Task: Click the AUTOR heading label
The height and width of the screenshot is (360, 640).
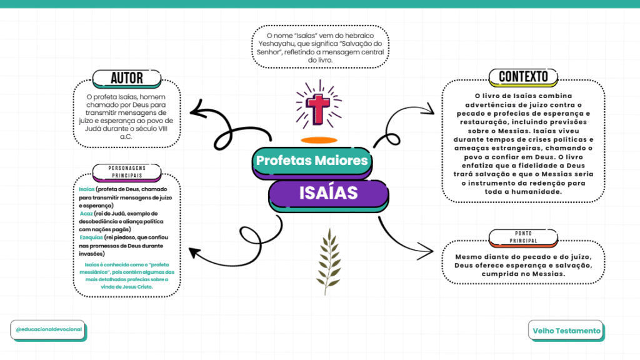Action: pyautogui.click(x=127, y=78)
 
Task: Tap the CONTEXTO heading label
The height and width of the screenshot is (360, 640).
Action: pyautogui.click(x=523, y=77)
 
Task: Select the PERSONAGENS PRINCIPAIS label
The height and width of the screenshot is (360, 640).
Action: pyautogui.click(x=127, y=172)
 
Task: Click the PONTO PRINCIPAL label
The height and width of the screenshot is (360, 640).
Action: pyautogui.click(x=523, y=236)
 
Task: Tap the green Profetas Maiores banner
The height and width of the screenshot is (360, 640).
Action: pyautogui.click(x=312, y=161)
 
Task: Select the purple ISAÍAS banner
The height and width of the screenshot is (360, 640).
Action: pyautogui.click(x=327, y=192)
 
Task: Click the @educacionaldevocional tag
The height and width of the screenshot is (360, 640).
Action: pyautogui.click(x=47, y=329)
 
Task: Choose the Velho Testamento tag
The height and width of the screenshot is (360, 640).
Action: pyautogui.click(x=567, y=331)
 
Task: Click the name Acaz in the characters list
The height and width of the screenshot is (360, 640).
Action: pyautogui.click(x=86, y=214)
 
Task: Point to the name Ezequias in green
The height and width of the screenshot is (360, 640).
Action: pyautogui.click(x=91, y=238)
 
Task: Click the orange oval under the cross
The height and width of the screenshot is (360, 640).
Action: pyautogui.click(x=319, y=139)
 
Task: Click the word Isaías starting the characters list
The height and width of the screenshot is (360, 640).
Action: pyautogui.click(x=87, y=189)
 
